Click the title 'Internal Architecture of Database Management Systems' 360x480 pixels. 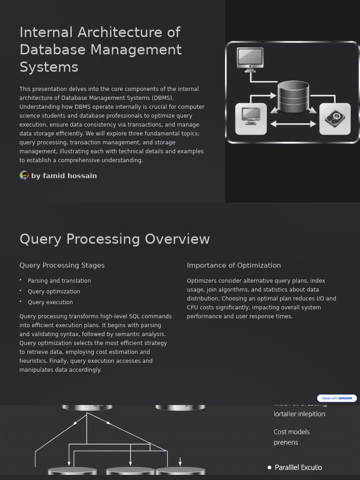point(100,50)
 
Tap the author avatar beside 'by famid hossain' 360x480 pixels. point(24,175)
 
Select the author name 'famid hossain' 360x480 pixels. point(70,176)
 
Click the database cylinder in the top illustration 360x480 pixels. point(293,97)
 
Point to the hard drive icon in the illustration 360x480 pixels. point(335,119)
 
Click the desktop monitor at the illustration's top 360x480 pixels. point(250,59)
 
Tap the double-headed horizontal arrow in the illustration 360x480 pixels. point(293,124)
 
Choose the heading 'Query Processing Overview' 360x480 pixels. point(114,239)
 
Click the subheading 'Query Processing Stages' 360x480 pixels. point(62,265)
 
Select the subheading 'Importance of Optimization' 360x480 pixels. point(234,265)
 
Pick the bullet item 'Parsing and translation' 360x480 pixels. point(59,281)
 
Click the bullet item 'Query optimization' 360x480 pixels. point(54,292)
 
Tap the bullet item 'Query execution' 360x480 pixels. point(50,302)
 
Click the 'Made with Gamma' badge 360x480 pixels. point(337,398)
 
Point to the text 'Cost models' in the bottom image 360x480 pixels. point(292,432)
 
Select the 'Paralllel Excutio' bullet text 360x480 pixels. point(298,467)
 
